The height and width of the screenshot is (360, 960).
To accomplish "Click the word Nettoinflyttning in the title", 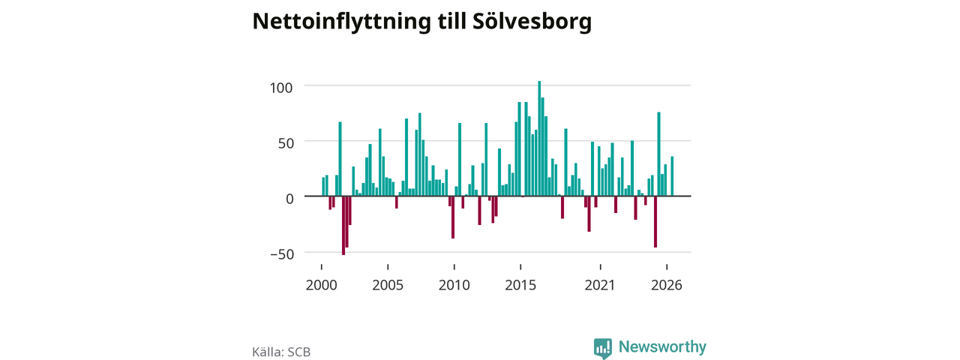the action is [x=341, y=22].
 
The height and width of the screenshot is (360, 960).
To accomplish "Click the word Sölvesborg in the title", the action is [x=532, y=21].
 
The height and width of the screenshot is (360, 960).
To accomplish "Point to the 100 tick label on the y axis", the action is [x=281, y=88].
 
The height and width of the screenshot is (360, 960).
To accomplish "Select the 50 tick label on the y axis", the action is [x=286, y=143].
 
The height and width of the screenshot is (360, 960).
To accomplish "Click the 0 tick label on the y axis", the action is [x=289, y=199].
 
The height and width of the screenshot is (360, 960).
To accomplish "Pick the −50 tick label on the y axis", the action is [x=282, y=254].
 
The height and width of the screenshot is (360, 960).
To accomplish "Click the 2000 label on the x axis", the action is [x=322, y=285].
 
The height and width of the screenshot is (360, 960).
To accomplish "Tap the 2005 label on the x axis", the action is [x=388, y=285].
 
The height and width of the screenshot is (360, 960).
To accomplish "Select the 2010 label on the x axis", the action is [x=454, y=285].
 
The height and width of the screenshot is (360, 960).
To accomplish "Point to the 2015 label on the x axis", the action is [x=520, y=285].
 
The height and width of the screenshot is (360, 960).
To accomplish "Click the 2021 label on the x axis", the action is [x=600, y=285].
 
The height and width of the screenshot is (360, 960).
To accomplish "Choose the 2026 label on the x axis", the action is [x=667, y=285].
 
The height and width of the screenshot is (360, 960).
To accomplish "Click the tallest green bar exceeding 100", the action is [x=539, y=139].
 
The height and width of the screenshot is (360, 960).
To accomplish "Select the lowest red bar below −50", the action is [x=343, y=226].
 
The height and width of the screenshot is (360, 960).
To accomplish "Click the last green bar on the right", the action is [x=672, y=176].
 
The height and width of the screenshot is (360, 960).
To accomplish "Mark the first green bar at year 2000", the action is [x=323, y=187].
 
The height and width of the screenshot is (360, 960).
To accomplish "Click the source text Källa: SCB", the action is [x=281, y=352].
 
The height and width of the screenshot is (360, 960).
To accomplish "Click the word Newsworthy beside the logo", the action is [x=662, y=346].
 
